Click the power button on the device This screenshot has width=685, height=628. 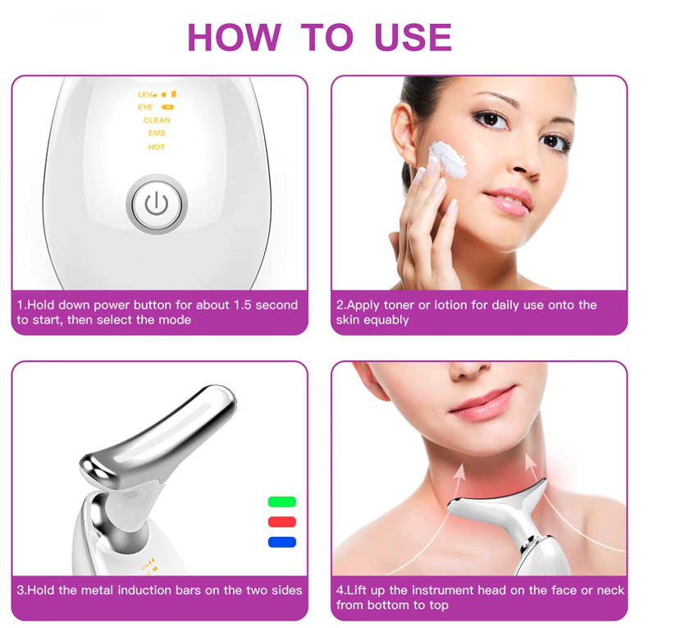pyautogui.click(x=157, y=204)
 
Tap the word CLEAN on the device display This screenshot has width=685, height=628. pyautogui.click(x=157, y=120)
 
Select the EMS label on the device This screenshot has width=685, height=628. pyautogui.click(x=157, y=133)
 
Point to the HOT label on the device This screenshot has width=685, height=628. pyautogui.click(x=157, y=147)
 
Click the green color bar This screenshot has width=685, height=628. pyautogui.click(x=282, y=502)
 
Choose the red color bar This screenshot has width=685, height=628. pyautogui.click(x=282, y=522)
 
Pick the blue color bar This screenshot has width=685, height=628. pyautogui.click(x=282, y=542)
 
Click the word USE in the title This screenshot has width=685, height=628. pyautogui.click(x=413, y=38)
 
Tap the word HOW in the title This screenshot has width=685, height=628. pyautogui.click(x=234, y=38)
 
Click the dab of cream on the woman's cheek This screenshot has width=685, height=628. pyautogui.click(x=447, y=158)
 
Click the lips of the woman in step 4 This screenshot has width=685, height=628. pyautogui.click(x=484, y=403)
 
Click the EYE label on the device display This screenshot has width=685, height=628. pyautogui.click(x=145, y=107)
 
